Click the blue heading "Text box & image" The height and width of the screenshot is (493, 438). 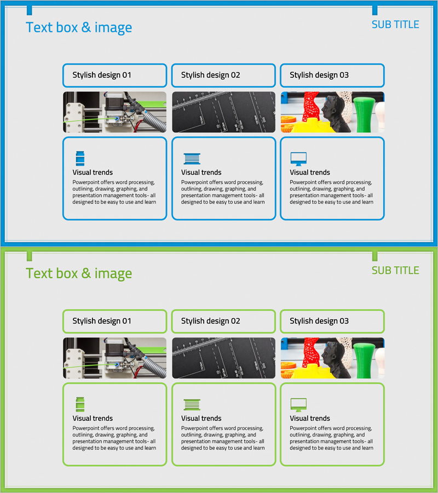(79, 28)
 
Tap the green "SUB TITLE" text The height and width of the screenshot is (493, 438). (395, 271)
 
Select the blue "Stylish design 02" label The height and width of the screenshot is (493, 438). (211, 75)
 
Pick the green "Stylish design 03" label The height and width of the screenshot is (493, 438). (319, 321)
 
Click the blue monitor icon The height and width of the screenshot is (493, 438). (298, 159)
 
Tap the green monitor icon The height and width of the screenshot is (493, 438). (298, 405)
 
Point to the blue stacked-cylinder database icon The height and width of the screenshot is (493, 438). (80, 158)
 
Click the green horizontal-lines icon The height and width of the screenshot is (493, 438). (192, 405)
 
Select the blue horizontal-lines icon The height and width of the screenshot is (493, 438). (192, 159)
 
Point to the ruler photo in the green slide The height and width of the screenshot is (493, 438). (224, 358)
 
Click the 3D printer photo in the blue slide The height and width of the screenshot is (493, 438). (114, 112)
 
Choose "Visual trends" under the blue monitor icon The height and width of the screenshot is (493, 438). (310, 173)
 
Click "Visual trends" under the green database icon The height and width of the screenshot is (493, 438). (93, 418)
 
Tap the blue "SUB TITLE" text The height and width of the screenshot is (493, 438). (395, 25)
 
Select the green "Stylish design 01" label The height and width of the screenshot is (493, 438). (102, 321)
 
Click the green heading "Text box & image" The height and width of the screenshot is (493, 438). (79, 273)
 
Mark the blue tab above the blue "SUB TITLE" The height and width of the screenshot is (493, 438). (374, 10)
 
